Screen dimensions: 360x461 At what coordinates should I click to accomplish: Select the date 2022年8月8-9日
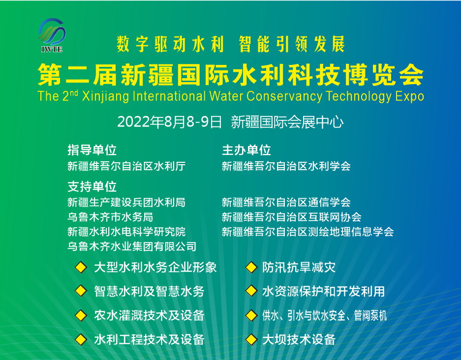tap(170, 122)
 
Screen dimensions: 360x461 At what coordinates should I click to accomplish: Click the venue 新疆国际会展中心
tap(287, 122)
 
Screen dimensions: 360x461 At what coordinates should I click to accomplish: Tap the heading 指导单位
tap(92, 150)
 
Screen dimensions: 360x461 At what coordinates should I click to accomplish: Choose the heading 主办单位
tap(246, 150)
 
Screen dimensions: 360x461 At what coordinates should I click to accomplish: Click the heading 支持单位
tap(92, 187)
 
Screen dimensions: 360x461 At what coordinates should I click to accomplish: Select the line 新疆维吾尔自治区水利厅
tap(126, 166)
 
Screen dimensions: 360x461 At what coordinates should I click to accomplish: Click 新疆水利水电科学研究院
tap(126, 232)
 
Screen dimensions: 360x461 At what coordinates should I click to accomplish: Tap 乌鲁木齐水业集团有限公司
tap(132, 246)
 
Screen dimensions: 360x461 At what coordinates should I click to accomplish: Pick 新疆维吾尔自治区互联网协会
tap(292, 217)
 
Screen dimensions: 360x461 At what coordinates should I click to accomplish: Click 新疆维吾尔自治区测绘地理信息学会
tap(308, 232)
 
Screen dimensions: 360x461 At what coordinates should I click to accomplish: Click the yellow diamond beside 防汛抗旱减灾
tap(251, 268)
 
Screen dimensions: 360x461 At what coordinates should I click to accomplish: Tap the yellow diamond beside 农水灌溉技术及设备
tap(80, 315)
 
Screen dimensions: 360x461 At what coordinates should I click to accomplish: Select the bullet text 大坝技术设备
tap(299, 339)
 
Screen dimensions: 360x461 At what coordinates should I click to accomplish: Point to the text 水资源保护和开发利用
tap(323, 291)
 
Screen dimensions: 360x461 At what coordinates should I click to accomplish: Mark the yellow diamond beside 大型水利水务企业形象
tap(80, 268)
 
